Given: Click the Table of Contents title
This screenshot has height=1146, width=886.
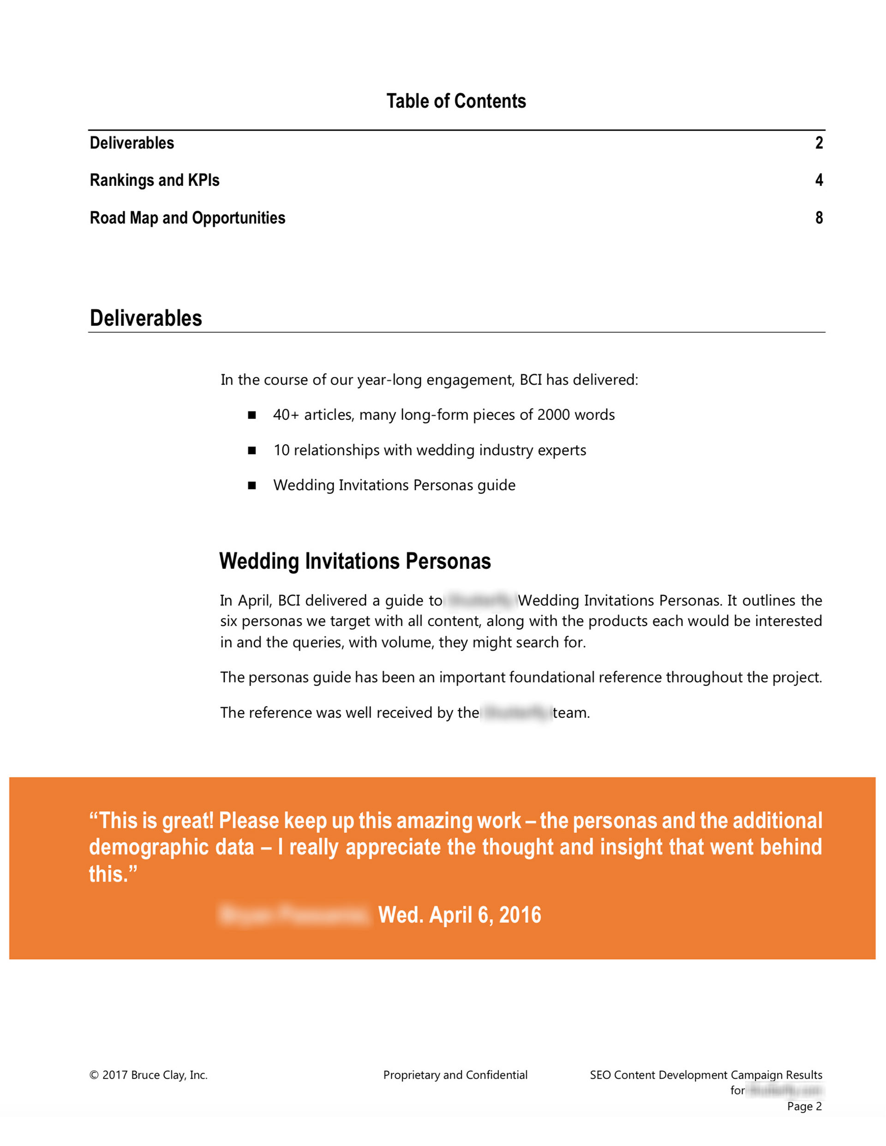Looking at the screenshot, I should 456,101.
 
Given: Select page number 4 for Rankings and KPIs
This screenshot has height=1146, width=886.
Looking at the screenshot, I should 819,180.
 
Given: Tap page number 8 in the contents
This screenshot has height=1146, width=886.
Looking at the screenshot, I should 819,218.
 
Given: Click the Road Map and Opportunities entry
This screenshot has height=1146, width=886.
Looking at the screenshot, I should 187,218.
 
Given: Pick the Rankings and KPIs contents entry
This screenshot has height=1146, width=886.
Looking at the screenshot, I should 154,180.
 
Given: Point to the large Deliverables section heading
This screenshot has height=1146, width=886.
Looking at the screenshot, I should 146,318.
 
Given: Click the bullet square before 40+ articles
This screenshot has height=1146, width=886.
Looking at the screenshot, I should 252,415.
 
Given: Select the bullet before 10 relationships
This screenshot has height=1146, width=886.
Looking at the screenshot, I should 252,450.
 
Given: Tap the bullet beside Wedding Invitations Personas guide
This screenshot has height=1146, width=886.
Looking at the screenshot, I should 252,485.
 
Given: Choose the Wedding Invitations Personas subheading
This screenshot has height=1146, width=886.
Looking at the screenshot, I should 355,561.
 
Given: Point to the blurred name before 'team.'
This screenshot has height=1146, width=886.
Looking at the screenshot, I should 516,713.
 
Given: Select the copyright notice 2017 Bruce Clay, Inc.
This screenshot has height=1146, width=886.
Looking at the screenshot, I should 149,1074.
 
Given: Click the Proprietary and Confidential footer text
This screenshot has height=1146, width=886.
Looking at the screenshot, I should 455,1074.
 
